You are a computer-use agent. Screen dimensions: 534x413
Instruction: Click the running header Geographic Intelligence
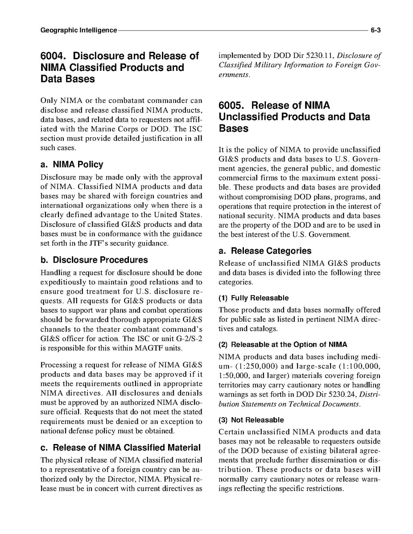coord(78,30)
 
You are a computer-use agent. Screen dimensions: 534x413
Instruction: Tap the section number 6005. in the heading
coord(232,106)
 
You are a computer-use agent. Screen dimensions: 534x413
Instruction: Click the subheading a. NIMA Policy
coord(71,164)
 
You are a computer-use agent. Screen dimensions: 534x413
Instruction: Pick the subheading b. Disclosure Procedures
coord(94,260)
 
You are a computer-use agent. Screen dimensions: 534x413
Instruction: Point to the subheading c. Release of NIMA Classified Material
coord(120,448)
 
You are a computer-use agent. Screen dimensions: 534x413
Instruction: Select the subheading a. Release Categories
coord(265,251)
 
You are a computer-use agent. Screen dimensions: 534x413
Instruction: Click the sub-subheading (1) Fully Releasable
coord(253,298)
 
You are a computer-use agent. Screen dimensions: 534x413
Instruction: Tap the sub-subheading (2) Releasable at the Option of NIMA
coord(283,345)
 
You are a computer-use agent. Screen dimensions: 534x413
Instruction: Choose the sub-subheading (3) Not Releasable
coord(251,420)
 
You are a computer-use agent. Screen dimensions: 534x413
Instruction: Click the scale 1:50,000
coord(231,376)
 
